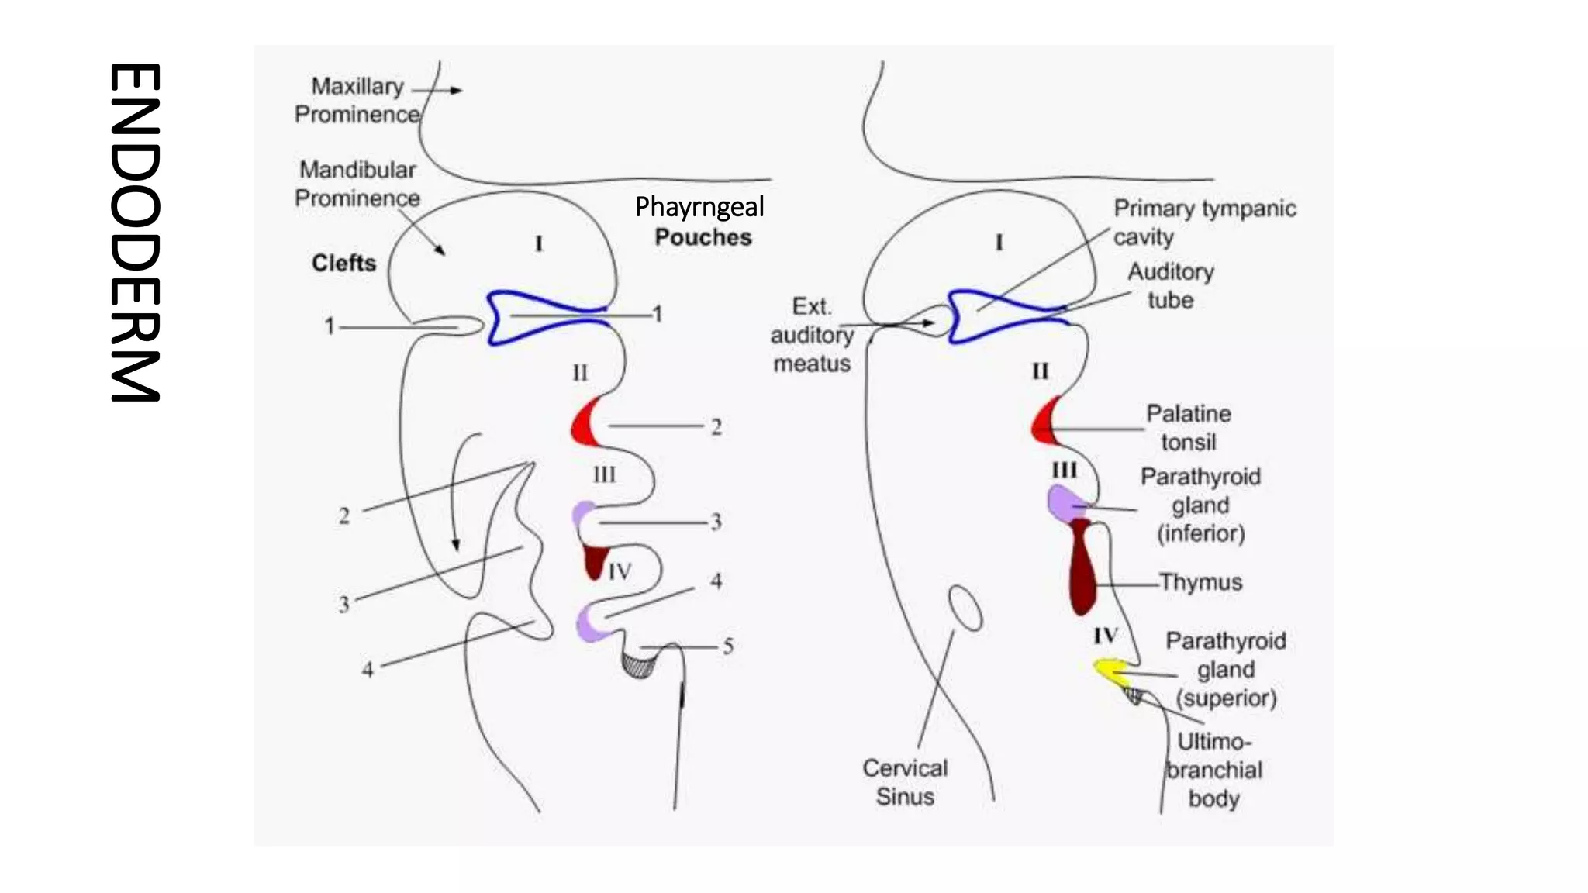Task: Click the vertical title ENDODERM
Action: pos(135,233)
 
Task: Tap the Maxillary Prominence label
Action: pos(357,100)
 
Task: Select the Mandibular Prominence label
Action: pos(357,184)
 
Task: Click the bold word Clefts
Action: pos(343,263)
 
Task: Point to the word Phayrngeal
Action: pos(699,207)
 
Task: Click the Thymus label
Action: pos(1200,582)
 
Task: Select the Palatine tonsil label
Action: pos(1188,427)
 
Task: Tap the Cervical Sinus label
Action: pos(905,782)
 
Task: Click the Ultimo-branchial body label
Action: pos(1214,770)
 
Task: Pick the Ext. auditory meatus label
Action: pos(811,335)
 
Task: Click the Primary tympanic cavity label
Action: pos(1204,222)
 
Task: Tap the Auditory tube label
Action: pos(1171,285)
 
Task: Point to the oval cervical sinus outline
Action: pos(966,609)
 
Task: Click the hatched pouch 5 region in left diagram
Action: pos(639,665)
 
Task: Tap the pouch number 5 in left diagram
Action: pos(728,646)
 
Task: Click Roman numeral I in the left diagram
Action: pos(539,243)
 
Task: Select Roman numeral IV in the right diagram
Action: pos(1106,636)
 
